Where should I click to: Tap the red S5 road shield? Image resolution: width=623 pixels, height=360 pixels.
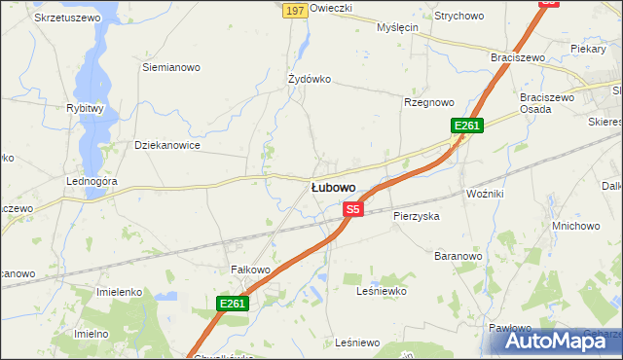coord(353,209)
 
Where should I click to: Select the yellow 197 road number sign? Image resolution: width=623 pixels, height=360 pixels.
coord(295,10)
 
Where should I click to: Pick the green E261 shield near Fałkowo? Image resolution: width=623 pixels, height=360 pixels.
coord(233,304)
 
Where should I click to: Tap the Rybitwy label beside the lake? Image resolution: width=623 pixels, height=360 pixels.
coord(85,109)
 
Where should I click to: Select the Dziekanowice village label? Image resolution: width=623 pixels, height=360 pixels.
coord(167,145)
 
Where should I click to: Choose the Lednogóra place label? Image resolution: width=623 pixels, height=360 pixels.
coord(92,182)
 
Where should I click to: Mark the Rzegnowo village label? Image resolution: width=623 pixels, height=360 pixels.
coord(429,102)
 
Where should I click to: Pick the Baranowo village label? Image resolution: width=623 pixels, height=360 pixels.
coord(458,256)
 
